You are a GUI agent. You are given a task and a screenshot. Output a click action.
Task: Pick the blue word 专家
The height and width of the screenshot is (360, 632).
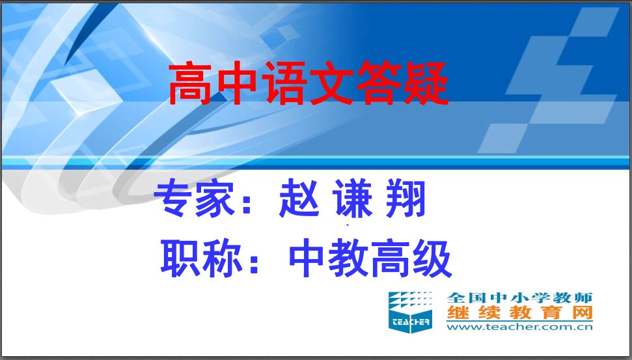coord(194,199)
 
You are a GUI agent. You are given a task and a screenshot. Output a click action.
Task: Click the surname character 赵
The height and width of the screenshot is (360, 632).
coord(299,199)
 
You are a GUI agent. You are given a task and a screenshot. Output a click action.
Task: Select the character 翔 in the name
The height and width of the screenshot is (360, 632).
coord(405,199)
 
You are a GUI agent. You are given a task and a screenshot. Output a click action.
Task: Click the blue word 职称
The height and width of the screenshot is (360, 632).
coord(202,258)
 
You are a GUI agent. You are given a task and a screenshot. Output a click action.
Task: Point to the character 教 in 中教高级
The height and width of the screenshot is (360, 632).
coord(349,258)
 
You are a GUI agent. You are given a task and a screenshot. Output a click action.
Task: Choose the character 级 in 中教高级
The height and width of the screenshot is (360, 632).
coord(432,258)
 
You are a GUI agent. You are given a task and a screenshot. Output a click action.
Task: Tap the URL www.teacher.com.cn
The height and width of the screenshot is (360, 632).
coord(519,327)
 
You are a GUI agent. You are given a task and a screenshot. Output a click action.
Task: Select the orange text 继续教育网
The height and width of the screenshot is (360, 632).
coord(519,312)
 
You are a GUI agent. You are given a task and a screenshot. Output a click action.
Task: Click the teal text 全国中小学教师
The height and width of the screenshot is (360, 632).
coord(519,298)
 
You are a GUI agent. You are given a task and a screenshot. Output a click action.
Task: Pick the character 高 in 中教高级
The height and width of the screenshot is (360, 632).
coord(390,258)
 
